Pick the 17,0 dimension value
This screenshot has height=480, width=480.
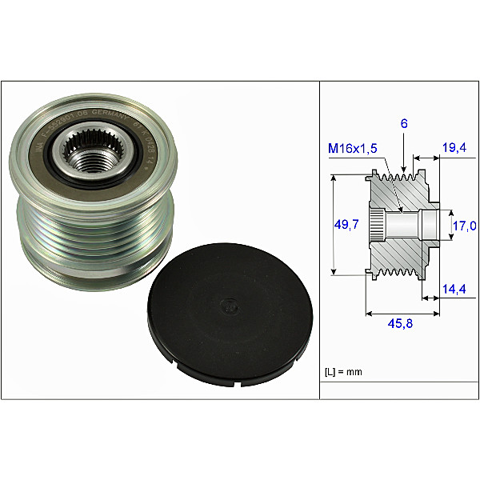(464, 226)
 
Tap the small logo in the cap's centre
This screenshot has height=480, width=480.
(227, 305)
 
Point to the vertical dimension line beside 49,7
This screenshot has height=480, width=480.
(332, 226)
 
